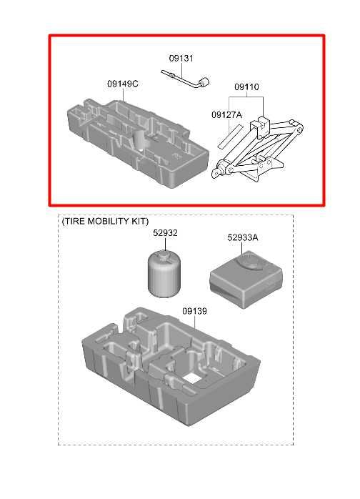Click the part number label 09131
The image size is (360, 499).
(x=181, y=58)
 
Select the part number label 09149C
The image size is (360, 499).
(x=123, y=84)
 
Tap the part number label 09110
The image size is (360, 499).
(x=246, y=87)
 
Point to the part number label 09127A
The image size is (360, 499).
(x=226, y=114)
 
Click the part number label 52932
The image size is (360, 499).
(x=165, y=233)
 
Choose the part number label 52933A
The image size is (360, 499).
(x=243, y=238)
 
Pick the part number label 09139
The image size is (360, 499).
(x=194, y=311)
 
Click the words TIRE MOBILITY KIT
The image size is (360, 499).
(x=105, y=221)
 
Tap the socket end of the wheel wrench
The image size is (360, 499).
(x=204, y=82)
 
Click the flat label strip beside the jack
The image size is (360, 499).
(x=230, y=137)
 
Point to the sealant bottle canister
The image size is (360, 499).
(x=164, y=274)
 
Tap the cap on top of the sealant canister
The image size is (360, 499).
(x=165, y=254)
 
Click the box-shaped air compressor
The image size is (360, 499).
(x=246, y=279)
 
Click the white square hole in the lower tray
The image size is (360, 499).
(x=191, y=377)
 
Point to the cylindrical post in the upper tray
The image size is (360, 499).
(x=139, y=140)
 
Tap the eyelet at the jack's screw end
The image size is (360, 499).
(x=217, y=174)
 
